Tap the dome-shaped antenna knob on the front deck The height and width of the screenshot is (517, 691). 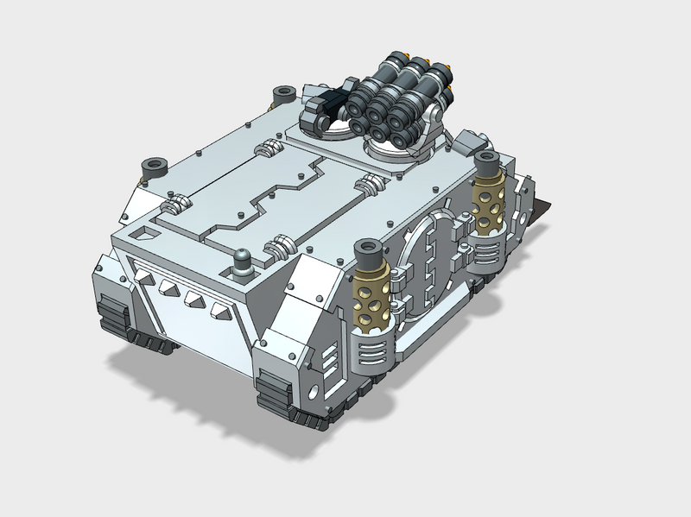[x=244, y=260]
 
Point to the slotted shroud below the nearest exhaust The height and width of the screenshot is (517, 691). [x=374, y=350]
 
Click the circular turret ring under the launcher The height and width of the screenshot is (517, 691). [x=397, y=150]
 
